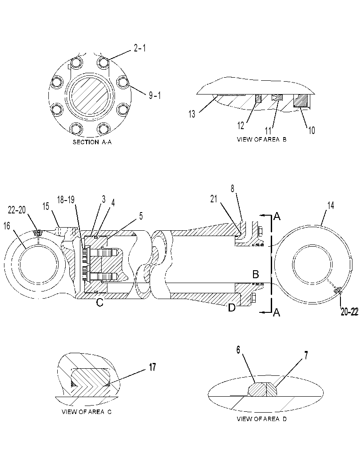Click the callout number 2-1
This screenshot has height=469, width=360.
(x=140, y=48)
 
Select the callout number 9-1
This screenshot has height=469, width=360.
(x=155, y=95)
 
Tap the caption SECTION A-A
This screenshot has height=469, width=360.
(x=92, y=142)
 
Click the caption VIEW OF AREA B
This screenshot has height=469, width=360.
(x=261, y=139)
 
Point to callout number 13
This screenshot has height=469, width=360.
(x=192, y=114)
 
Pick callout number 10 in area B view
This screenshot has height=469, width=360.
(x=312, y=130)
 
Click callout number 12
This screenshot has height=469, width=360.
(x=241, y=126)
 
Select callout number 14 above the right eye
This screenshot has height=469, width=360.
(x=331, y=205)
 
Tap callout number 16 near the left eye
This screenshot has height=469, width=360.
(x=7, y=226)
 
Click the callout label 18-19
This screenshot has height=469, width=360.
(x=66, y=200)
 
